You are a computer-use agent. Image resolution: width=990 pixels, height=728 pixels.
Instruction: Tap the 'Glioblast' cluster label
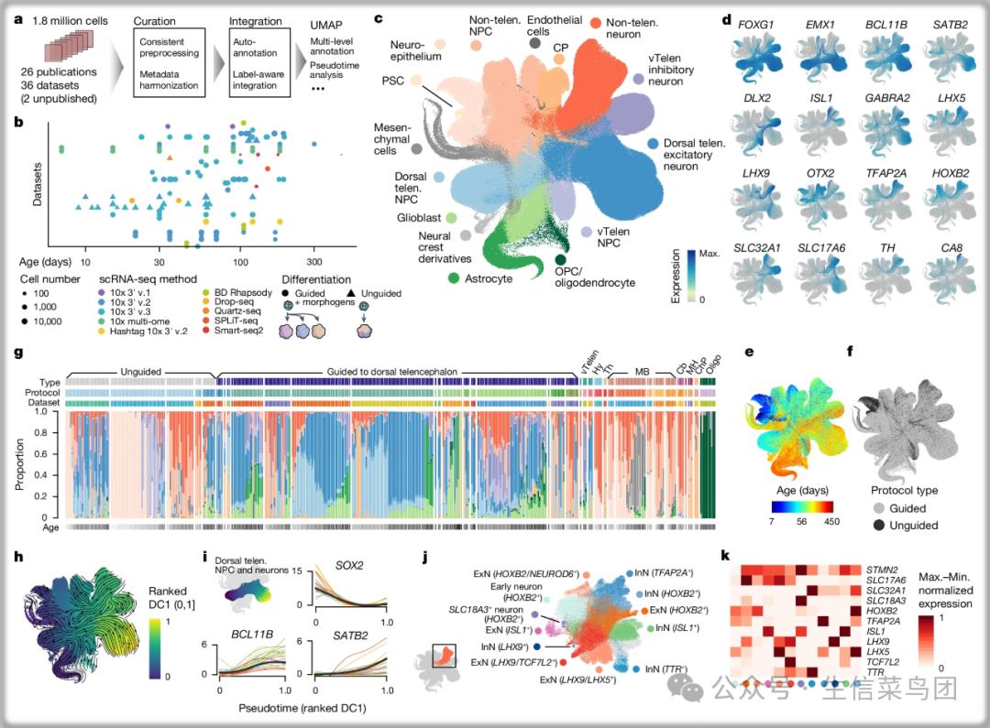[x=445, y=218]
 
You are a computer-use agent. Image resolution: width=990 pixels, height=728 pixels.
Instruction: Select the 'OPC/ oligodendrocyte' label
[x=595, y=277]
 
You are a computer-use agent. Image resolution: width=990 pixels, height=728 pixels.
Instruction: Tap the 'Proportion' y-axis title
[x=21, y=466]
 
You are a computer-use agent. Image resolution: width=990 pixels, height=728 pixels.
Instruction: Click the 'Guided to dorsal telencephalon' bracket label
[x=394, y=370]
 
